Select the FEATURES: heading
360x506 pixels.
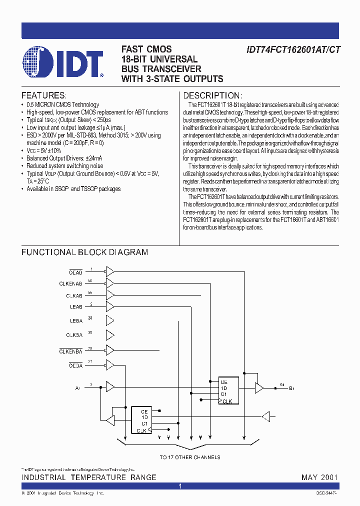pyautogui.click(x=43, y=95)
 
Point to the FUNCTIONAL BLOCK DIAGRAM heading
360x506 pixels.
pyautogui.click(x=84, y=252)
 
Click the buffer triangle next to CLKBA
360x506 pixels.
pyautogui.click(x=109, y=333)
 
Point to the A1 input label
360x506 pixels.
pyautogui.click(x=77, y=387)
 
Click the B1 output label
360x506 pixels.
pyautogui.click(x=292, y=387)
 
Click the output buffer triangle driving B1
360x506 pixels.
pyautogui.click(x=259, y=387)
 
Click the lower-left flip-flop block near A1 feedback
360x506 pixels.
pyautogui.click(x=141, y=420)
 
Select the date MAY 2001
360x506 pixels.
pyautogui.click(x=319, y=477)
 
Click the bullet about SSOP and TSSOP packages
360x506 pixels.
pyautogui.click(x=73, y=189)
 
